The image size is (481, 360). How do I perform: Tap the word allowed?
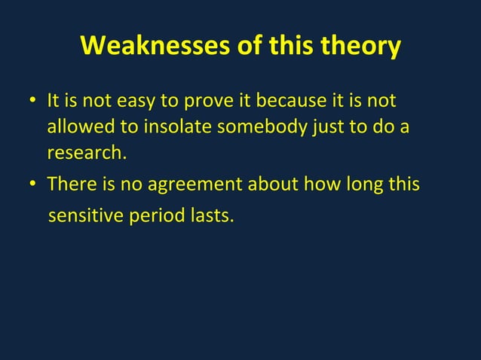[x=76, y=127]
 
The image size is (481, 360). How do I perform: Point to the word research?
[x=84, y=153]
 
